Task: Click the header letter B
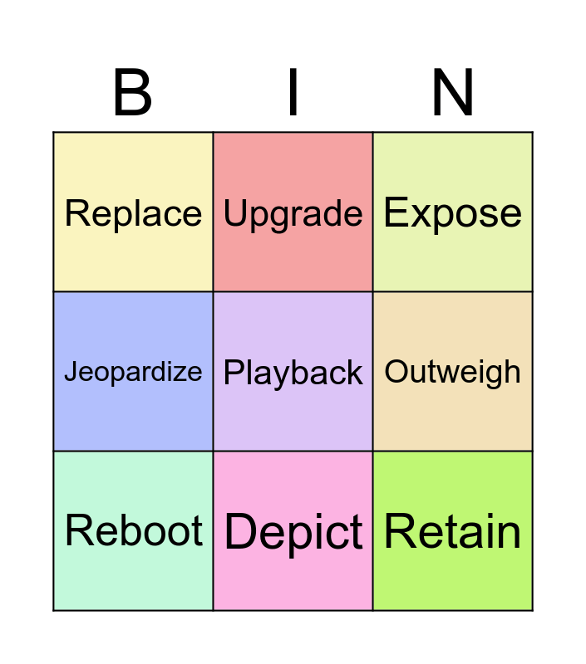pyautogui.click(x=133, y=92)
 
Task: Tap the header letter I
pyautogui.click(x=293, y=92)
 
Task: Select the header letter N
pyautogui.click(x=452, y=92)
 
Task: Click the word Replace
pyautogui.click(x=133, y=213)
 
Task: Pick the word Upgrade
pyautogui.click(x=293, y=214)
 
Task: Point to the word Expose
pyautogui.click(x=452, y=213)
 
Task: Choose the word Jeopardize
pyautogui.click(x=133, y=372)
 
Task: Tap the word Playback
pyautogui.click(x=293, y=373)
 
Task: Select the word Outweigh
pyautogui.click(x=452, y=373)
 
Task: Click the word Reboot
pyautogui.click(x=134, y=530)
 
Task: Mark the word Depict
pyautogui.click(x=293, y=533)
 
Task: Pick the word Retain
pyautogui.click(x=452, y=531)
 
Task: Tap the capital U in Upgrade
pyautogui.click(x=235, y=213)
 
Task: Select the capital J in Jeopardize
pyautogui.click(x=71, y=371)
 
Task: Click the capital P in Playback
pyautogui.click(x=234, y=372)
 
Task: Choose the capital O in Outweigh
pyautogui.click(x=396, y=371)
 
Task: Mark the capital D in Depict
pyautogui.click(x=241, y=531)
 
